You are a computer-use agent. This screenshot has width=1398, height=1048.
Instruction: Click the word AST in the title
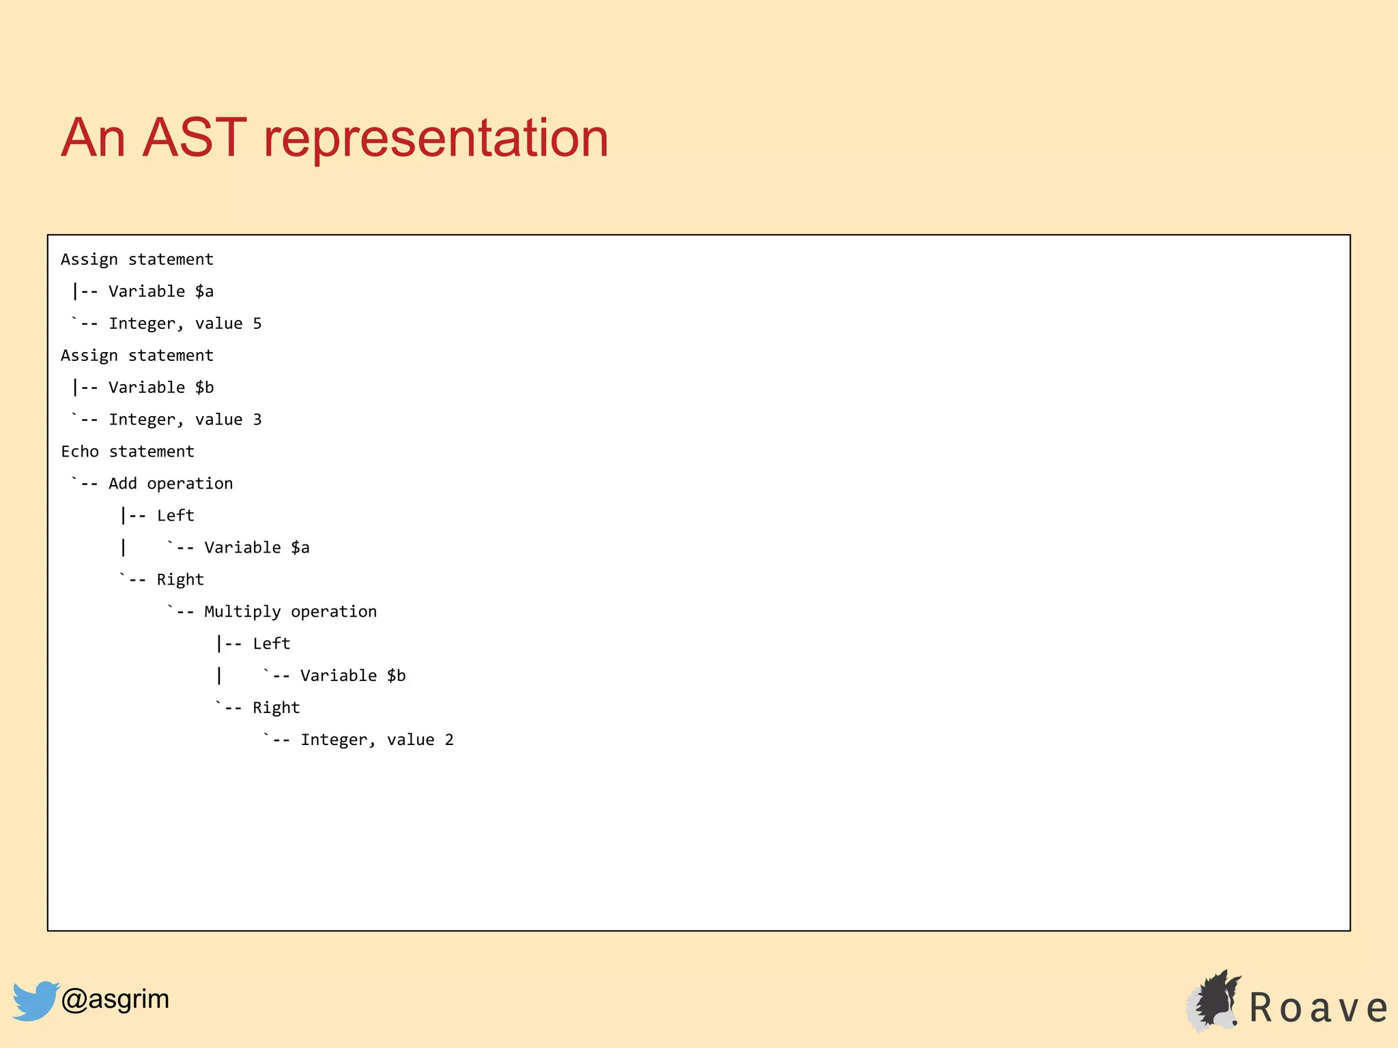[x=194, y=139]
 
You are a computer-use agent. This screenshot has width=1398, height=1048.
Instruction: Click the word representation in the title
[x=436, y=139]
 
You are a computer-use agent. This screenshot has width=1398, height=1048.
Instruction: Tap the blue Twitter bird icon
[x=34, y=1001]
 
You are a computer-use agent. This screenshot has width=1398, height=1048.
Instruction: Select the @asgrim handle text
[x=115, y=999]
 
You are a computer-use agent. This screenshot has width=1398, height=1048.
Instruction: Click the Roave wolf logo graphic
[x=1214, y=1001]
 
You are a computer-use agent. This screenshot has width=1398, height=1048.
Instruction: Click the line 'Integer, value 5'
[x=185, y=323]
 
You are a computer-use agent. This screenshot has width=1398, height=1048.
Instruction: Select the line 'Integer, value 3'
[x=185, y=420]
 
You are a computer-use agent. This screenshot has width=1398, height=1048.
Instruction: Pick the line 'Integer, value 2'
[x=377, y=740]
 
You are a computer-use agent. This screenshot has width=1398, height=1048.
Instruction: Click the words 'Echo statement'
[x=128, y=452]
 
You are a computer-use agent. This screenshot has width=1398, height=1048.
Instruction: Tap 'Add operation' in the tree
[x=171, y=484]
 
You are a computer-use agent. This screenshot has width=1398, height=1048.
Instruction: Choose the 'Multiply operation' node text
[x=290, y=612]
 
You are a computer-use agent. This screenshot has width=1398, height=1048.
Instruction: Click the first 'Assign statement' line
[x=137, y=259]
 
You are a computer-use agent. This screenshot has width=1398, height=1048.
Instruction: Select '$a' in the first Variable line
[x=204, y=292]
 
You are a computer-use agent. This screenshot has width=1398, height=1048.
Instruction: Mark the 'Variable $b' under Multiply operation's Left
[x=353, y=676]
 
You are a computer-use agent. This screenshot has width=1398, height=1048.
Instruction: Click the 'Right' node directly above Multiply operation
[x=180, y=580]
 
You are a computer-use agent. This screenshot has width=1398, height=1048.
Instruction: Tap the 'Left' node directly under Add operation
[x=175, y=516]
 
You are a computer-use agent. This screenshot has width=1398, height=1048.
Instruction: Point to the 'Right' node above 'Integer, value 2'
[x=276, y=708]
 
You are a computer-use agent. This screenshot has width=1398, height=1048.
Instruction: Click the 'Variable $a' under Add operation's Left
[x=257, y=548]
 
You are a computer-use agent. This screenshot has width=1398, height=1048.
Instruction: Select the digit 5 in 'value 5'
[x=257, y=323]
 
